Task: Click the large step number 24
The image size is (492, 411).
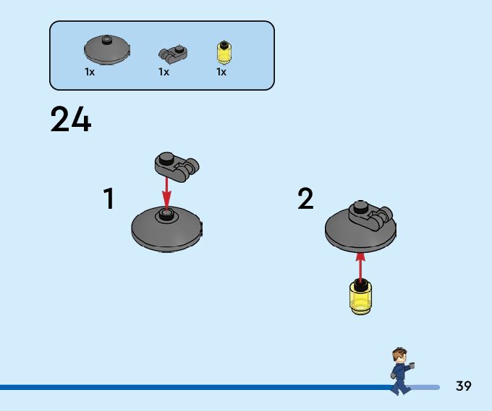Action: (x=71, y=120)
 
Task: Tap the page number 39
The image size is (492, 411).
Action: (x=464, y=386)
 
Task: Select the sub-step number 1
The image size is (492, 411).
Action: (x=109, y=199)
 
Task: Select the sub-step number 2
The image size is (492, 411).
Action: (x=306, y=199)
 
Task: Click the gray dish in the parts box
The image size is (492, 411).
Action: (x=107, y=49)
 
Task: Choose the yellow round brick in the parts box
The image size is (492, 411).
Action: (x=224, y=52)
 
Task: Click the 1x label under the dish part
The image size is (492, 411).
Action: (x=90, y=72)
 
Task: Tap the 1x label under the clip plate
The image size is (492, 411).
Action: (x=164, y=72)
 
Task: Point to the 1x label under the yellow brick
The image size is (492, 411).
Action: (x=221, y=72)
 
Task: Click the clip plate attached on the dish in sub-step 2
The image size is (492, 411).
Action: (x=370, y=215)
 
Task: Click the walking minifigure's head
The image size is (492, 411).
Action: (x=399, y=357)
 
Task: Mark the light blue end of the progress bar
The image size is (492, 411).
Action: (x=427, y=387)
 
